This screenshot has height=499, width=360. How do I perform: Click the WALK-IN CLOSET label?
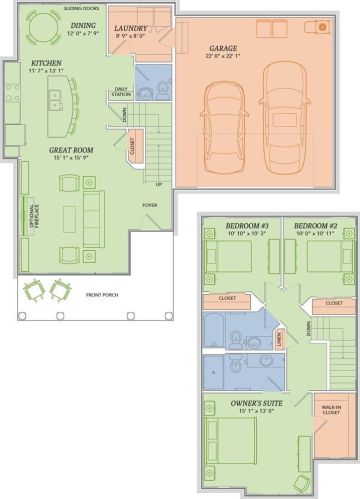pyautogui.click(x=329, y=410)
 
